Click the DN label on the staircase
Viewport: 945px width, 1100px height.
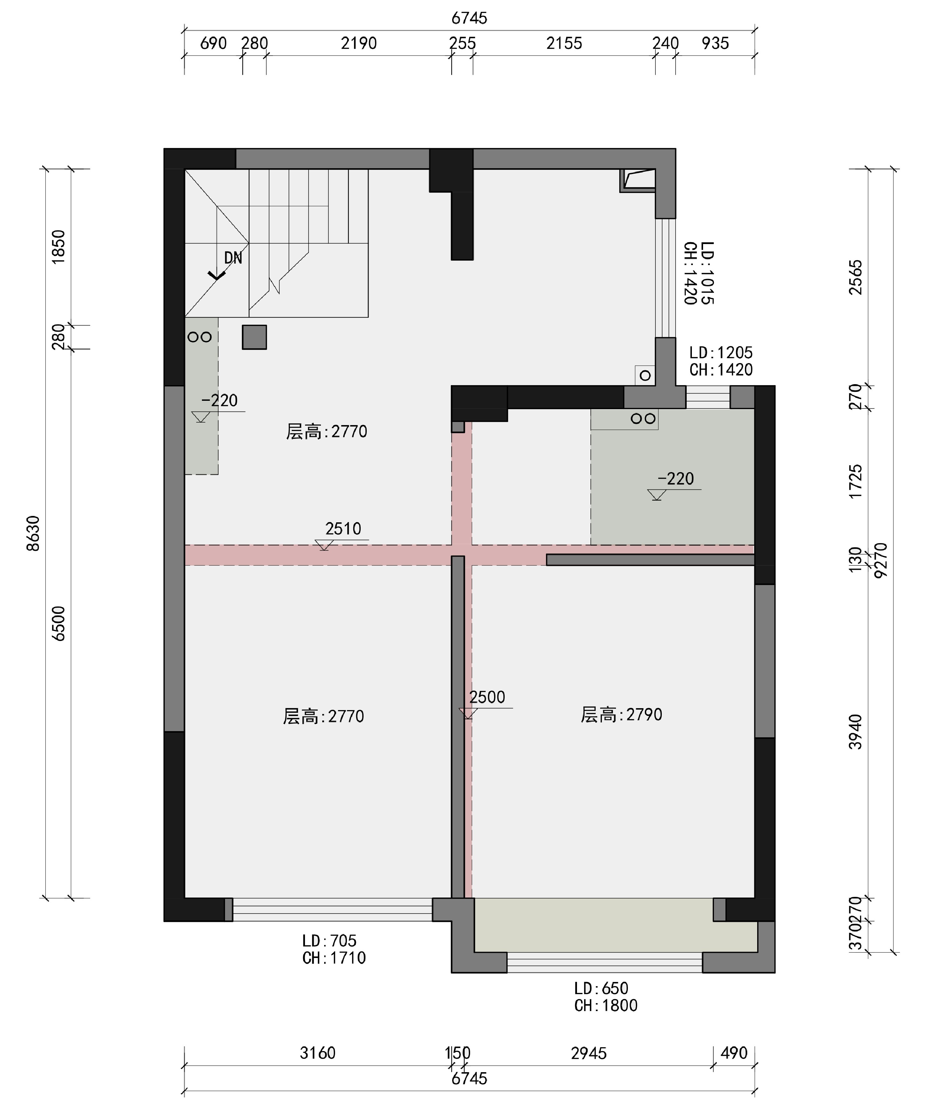[233, 258]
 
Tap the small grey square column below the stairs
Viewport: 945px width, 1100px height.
[254, 337]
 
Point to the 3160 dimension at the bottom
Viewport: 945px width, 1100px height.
[318, 1053]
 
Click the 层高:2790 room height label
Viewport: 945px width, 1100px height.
[621, 715]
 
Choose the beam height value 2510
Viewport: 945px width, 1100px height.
[343, 529]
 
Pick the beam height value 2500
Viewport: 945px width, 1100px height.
[487, 697]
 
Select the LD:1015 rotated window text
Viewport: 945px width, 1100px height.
[707, 273]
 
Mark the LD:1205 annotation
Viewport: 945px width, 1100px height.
[721, 352]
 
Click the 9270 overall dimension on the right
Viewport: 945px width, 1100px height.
[880, 560]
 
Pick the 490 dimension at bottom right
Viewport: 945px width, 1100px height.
[734, 1052]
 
